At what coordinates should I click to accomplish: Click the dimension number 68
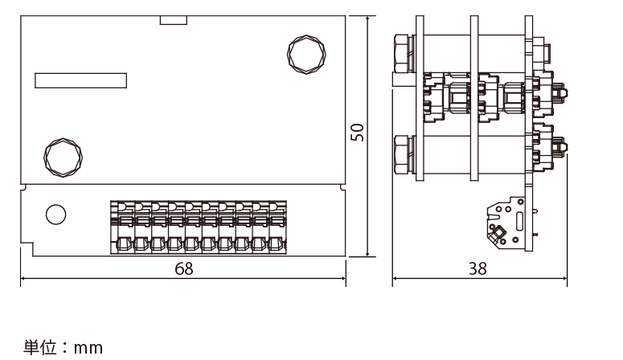click(184, 269)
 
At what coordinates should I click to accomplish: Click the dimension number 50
click(358, 133)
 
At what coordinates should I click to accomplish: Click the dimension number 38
click(477, 269)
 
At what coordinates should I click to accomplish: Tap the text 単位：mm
click(63, 347)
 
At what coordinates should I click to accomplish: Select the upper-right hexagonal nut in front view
click(306, 55)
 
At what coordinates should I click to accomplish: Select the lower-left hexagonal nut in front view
click(64, 157)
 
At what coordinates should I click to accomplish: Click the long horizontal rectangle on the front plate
click(80, 80)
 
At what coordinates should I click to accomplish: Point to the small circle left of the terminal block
click(56, 215)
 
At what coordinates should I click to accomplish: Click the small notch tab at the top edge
click(174, 20)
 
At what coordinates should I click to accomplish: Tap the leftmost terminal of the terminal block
click(119, 227)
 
